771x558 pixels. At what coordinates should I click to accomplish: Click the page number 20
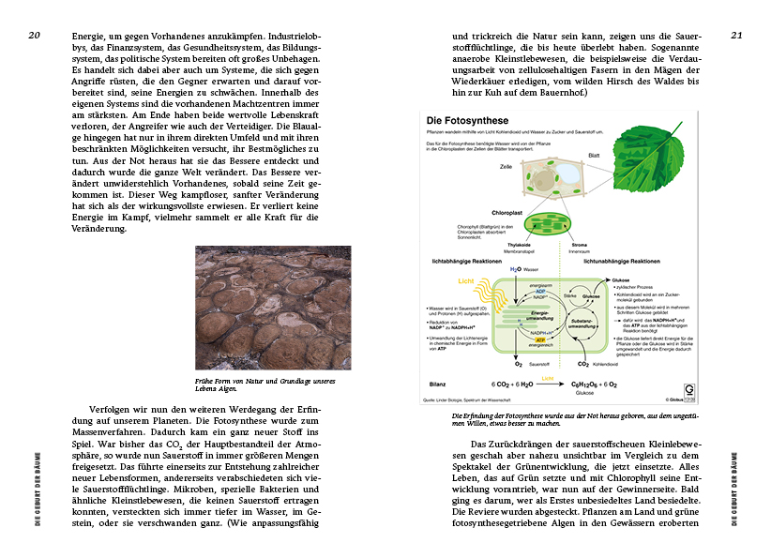point(34,36)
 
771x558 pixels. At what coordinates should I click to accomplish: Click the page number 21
point(736,36)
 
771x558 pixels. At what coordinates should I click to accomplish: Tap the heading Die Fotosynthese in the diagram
point(468,121)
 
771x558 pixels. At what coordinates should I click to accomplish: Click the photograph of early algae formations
point(273,308)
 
